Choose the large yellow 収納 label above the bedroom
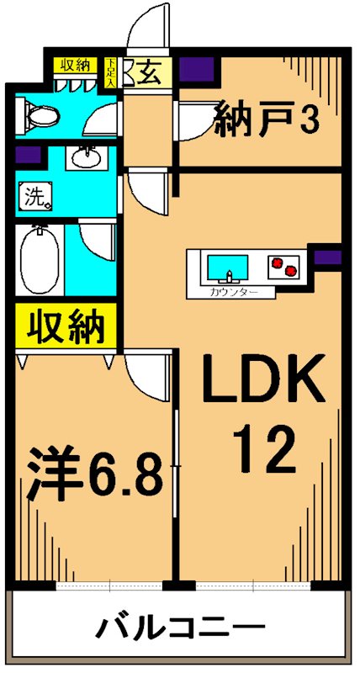[62, 326]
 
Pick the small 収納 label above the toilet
[75, 66]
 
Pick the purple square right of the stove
[328, 257]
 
